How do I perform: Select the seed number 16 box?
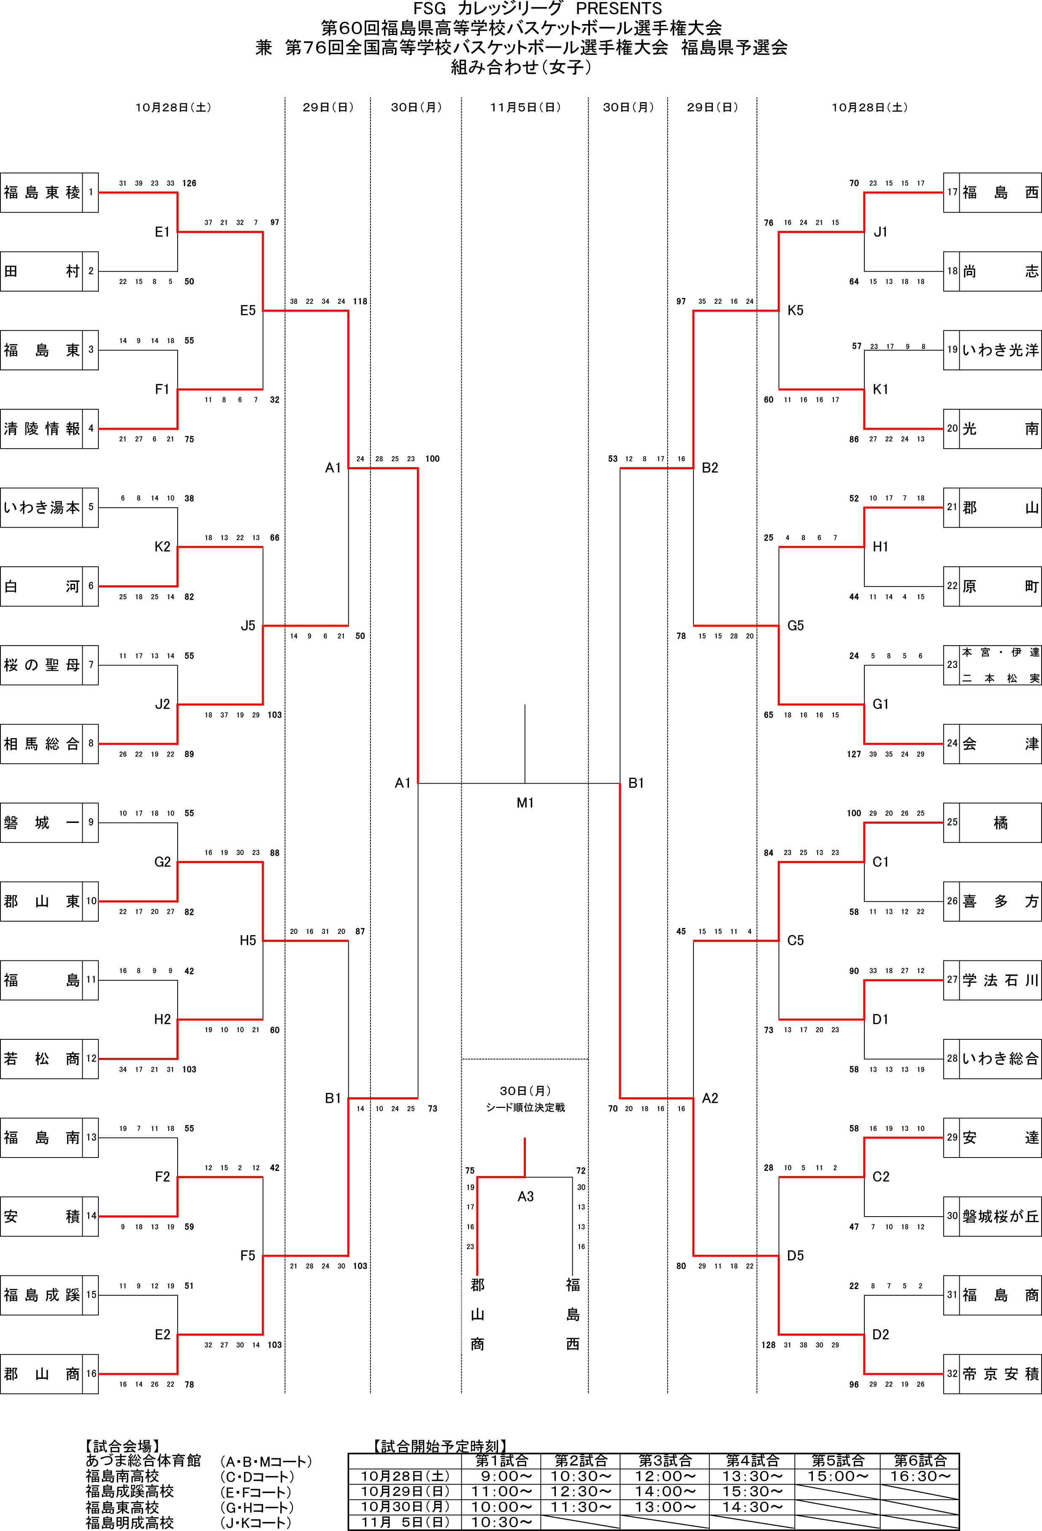(x=91, y=1374)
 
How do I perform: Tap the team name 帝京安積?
(x=1000, y=1374)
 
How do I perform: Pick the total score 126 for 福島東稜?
(x=189, y=183)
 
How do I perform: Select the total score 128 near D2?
(x=769, y=1344)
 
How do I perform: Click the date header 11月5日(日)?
(x=525, y=107)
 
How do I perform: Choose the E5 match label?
(x=248, y=310)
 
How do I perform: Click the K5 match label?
(x=795, y=310)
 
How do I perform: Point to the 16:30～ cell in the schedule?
(x=920, y=1476)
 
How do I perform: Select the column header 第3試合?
(x=665, y=1461)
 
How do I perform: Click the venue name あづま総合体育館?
(x=143, y=1461)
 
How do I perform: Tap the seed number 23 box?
(x=952, y=665)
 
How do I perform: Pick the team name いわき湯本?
(x=41, y=507)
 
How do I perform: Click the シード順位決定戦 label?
(x=525, y=1107)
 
